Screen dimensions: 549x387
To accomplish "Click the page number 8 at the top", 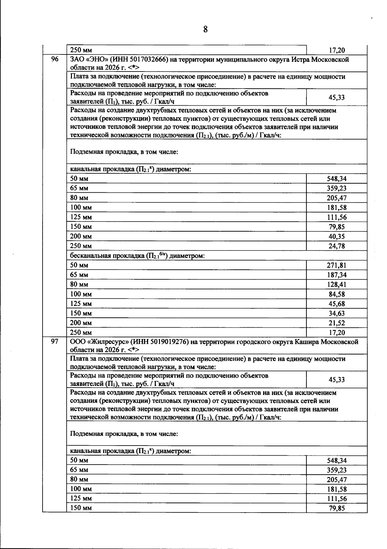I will pyautogui.click(x=205, y=30).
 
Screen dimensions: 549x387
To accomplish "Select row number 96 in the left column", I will pyautogui.click(x=55, y=59).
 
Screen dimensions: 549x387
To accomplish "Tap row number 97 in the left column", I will pyautogui.click(x=55, y=342).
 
